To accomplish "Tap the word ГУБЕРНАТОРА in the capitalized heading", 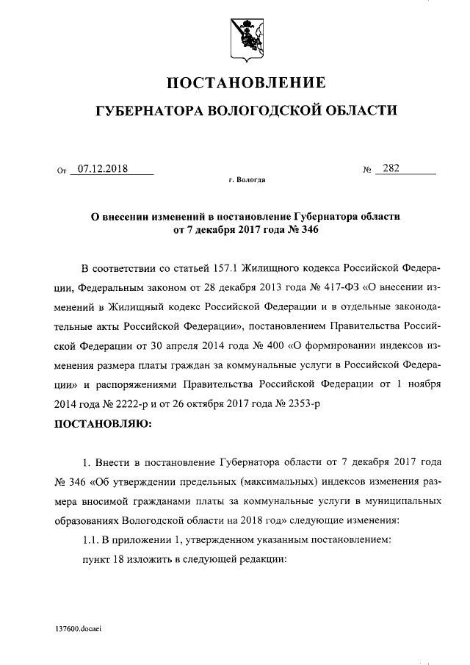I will pyautogui.click(x=149, y=111).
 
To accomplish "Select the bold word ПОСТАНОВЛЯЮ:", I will pyautogui.click(x=103, y=424).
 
